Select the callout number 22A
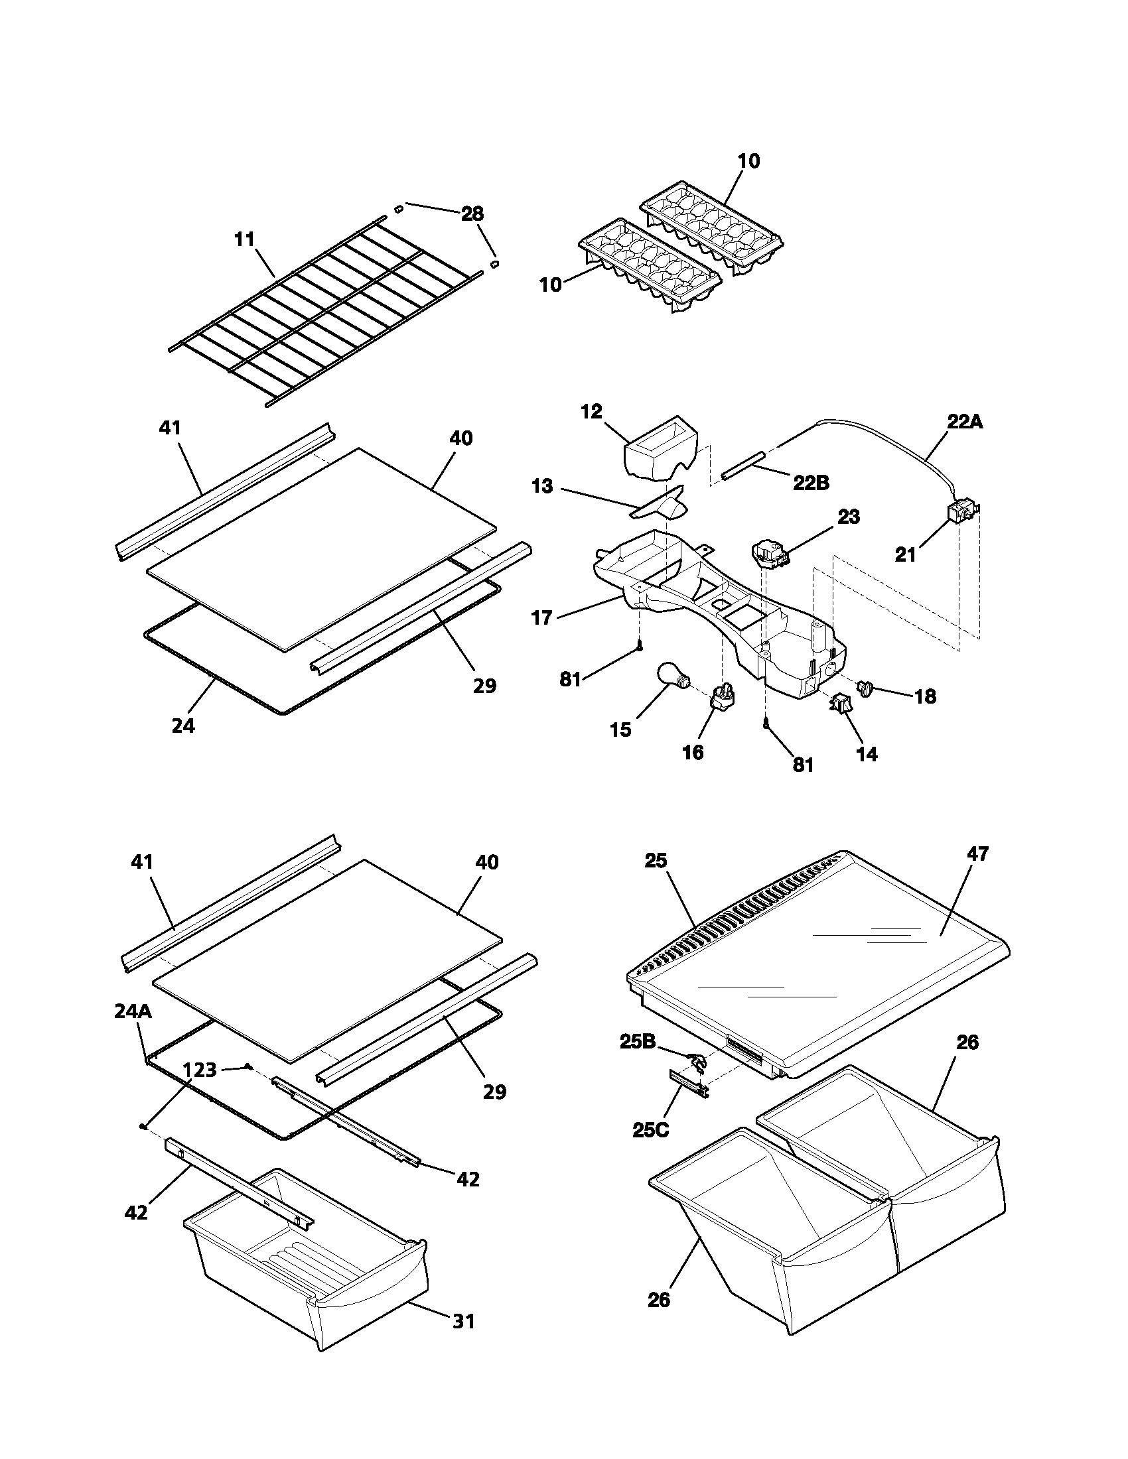tap(964, 422)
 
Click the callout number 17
tap(541, 617)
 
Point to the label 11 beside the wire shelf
tap(245, 239)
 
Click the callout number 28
tap(472, 214)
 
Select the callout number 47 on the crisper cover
tap(977, 854)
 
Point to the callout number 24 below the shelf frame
tap(183, 726)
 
